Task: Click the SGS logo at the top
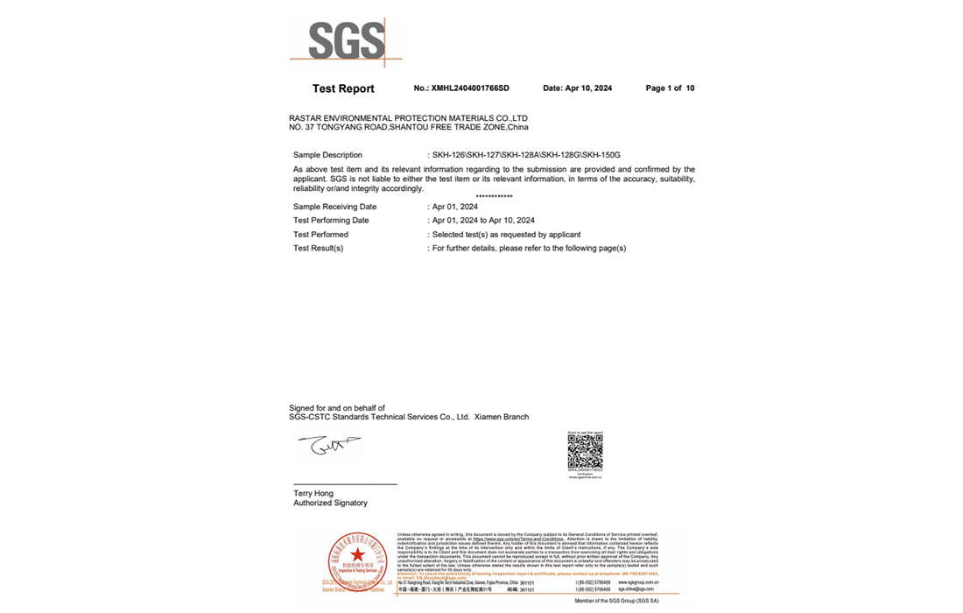(x=346, y=40)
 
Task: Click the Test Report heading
(x=343, y=88)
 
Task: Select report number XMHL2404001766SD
(x=461, y=88)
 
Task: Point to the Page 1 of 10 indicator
(x=670, y=88)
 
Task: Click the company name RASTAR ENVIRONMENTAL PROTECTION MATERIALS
(x=408, y=118)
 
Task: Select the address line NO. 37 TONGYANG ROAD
(x=408, y=128)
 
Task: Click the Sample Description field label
(x=327, y=155)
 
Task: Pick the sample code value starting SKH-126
(x=526, y=155)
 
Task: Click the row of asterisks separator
(x=494, y=197)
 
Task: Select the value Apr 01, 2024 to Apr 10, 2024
(x=483, y=221)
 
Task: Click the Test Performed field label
(x=320, y=235)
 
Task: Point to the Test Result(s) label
(x=318, y=249)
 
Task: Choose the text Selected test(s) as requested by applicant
(x=506, y=235)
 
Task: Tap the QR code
(x=585, y=453)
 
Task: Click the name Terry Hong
(x=313, y=494)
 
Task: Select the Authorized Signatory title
(x=330, y=504)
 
